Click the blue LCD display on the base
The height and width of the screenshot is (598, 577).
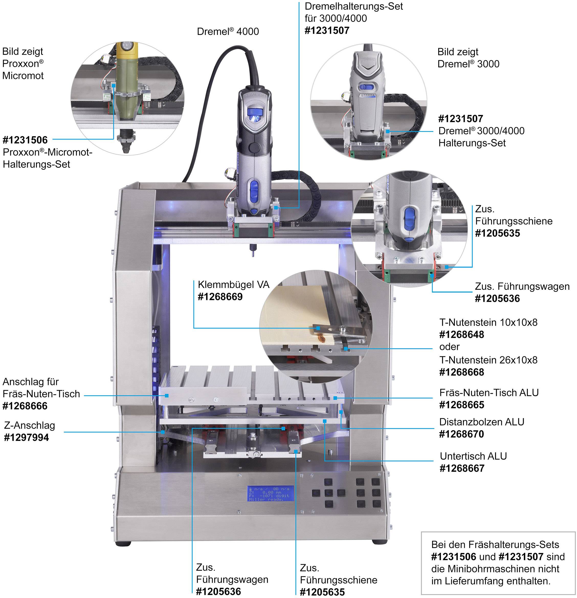(270, 493)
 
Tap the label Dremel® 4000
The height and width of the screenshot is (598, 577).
(228, 31)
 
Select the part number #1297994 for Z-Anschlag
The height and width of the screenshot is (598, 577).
(27, 437)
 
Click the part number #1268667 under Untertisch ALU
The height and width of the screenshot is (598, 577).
(462, 468)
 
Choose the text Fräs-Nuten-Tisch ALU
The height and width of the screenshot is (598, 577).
(489, 392)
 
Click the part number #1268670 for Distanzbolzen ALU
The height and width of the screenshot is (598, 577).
(461, 434)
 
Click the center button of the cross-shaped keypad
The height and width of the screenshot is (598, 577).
(328, 493)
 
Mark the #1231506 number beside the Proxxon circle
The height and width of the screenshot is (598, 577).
(25, 140)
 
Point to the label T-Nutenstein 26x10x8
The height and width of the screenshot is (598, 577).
(488, 360)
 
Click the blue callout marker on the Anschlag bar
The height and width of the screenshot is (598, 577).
(167, 396)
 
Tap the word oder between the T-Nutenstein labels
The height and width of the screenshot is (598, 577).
(449, 347)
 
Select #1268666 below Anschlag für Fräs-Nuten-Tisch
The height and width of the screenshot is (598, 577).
(25, 406)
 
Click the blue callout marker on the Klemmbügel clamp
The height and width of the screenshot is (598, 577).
(318, 328)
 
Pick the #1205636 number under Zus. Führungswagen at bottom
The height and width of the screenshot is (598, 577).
(218, 592)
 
